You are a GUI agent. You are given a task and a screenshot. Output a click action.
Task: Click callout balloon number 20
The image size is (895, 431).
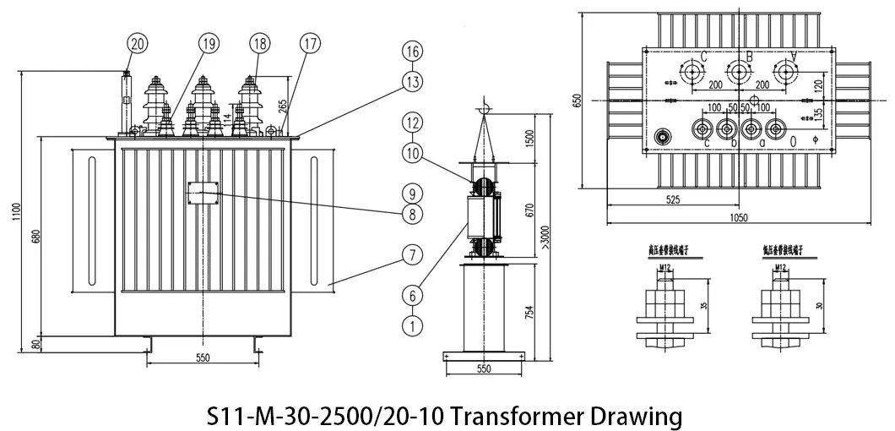point(138,42)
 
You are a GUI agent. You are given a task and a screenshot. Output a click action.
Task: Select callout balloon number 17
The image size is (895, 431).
point(287,42)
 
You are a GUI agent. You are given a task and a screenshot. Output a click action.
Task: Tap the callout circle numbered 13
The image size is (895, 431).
point(411,82)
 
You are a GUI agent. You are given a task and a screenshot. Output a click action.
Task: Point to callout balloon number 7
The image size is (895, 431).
point(411,254)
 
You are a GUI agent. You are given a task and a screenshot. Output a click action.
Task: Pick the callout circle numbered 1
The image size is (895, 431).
point(411,324)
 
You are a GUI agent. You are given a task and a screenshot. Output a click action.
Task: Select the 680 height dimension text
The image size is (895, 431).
point(35,237)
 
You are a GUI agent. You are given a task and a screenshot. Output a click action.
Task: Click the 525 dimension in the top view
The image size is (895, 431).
point(673,201)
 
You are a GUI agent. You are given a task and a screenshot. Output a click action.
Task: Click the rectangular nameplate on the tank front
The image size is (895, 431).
point(202,193)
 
